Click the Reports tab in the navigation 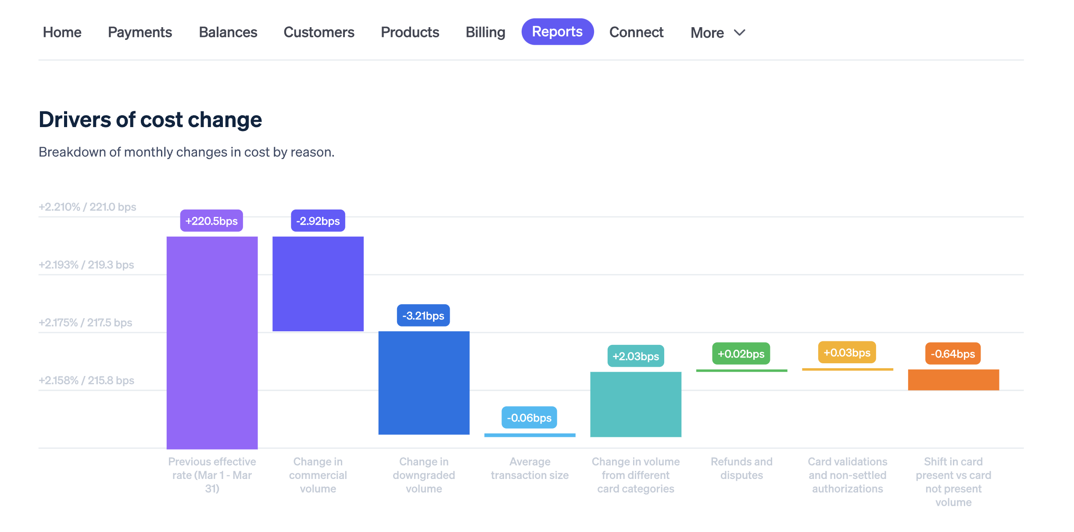[x=557, y=32]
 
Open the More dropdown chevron [x=740, y=33]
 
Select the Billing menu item [x=485, y=32]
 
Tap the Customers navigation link [x=319, y=32]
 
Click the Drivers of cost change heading [x=150, y=120]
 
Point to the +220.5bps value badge [x=211, y=221]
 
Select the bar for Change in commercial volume [x=318, y=284]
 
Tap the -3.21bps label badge [x=423, y=316]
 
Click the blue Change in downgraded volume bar [x=424, y=383]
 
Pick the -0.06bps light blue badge [x=529, y=418]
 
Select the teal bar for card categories [x=636, y=404]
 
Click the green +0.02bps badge [x=741, y=354]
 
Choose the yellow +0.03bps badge [x=847, y=353]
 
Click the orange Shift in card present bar [x=953, y=379]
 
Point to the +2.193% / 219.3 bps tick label [x=86, y=265]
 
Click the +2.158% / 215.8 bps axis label [x=86, y=380]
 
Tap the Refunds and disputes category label [x=741, y=468]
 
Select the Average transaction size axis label [x=530, y=468]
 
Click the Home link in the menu [x=62, y=32]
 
